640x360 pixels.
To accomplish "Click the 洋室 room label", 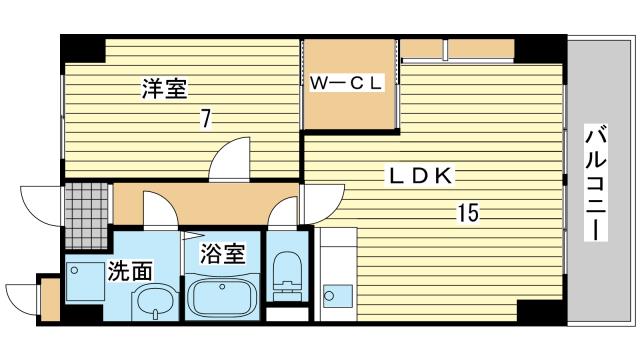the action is (164, 89).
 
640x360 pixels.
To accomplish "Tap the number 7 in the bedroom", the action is (205, 119).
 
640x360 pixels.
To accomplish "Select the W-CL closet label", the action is (346, 84).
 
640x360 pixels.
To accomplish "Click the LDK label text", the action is (420, 176).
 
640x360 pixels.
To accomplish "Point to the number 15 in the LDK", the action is (468, 213).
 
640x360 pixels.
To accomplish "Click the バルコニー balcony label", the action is (596, 182).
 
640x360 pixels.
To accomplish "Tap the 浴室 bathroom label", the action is (222, 253).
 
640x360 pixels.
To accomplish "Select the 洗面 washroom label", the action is (130, 271).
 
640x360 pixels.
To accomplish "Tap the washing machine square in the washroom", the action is (85, 282).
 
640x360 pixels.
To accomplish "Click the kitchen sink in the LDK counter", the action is (338, 296).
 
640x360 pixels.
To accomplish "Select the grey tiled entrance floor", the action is (87, 216).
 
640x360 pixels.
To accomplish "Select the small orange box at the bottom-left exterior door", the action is (51, 300).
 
